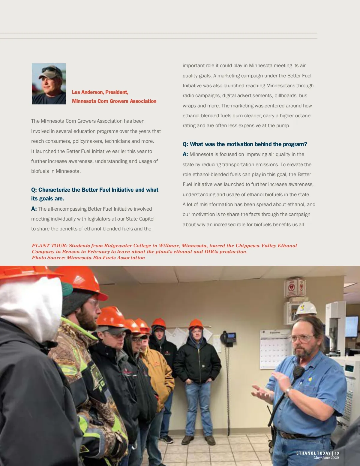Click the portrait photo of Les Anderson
coord(49,84)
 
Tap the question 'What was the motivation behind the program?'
coord(248,144)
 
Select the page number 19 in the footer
coord(337,453)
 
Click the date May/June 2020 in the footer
coord(326,458)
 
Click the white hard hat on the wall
coord(306,308)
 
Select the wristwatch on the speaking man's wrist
coord(288,390)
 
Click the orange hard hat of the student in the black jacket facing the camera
coord(196,324)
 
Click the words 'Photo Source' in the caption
coord(48,258)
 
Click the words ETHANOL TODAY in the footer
coord(313,453)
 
